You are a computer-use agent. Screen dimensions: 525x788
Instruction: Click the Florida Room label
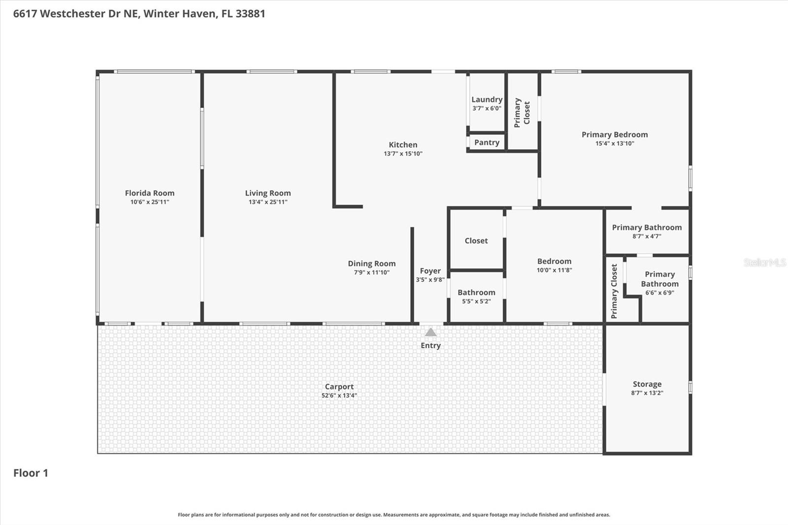(149, 193)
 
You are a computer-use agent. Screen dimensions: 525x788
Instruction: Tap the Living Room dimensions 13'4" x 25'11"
(267, 202)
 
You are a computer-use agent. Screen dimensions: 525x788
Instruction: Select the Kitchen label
(403, 145)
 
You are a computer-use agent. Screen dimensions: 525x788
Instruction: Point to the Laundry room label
(487, 99)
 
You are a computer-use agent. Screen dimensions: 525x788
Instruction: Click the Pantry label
(487, 142)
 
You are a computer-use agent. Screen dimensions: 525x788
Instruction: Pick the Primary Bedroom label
(614, 134)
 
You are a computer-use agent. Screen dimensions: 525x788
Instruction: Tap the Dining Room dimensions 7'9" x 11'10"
(371, 272)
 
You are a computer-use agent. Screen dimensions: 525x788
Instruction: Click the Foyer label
(430, 271)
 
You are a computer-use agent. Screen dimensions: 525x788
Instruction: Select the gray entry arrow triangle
(430, 332)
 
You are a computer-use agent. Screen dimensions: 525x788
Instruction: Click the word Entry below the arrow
(430, 345)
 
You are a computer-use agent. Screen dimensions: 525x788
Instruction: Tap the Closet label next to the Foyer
(476, 241)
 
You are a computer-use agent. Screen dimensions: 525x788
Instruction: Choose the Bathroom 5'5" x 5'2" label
(476, 293)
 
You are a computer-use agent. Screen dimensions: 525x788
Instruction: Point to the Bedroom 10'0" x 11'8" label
(554, 262)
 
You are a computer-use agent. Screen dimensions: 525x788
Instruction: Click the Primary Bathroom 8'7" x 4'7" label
(647, 228)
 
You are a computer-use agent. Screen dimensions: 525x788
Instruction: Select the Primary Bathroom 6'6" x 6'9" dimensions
(659, 293)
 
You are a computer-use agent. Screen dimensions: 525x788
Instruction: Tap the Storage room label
(647, 384)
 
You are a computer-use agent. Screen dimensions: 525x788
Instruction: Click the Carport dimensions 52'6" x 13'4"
(339, 395)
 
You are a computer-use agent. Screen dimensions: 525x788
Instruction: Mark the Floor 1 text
(31, 473)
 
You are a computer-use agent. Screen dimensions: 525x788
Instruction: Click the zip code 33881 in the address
(250, 13)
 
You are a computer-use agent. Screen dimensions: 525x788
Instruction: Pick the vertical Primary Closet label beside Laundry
(522, 113)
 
